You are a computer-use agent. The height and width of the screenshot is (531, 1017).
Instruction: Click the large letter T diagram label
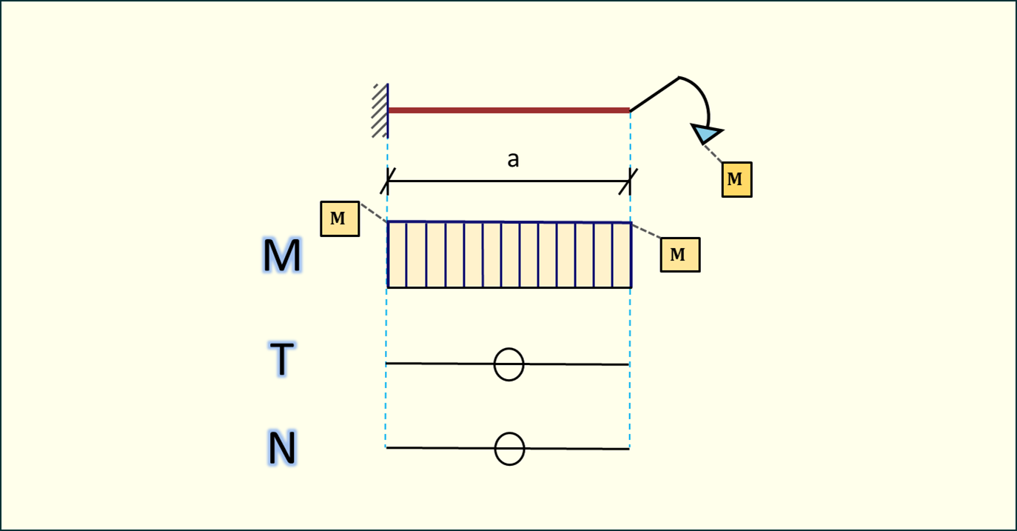pyautogui.click(x=282, y=360)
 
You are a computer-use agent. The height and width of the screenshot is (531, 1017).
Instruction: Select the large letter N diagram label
pyautogui.click(x=282, y=449)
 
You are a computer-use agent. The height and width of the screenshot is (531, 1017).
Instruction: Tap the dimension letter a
pyautogui.click(x=513, y=160)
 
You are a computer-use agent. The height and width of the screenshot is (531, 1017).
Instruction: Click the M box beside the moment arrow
pyautogui.click(x=736, y=179)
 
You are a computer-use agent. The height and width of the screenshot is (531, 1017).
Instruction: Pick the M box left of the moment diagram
pyautogui.click(x=340, y=218)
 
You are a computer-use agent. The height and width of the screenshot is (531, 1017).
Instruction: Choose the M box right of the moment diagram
pyautogui.click(x=679, y=255)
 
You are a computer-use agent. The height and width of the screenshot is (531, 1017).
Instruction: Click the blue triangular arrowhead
pyautogui.click(x=707, y=133)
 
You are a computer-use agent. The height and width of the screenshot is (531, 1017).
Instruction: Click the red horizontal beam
pyautogui.click(x=508, y=110)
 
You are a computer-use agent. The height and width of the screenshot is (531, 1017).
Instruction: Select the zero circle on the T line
pyautogui.click(x=509, y=364)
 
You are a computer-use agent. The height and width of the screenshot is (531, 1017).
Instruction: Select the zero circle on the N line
pyautogui.click(x=509, y=449)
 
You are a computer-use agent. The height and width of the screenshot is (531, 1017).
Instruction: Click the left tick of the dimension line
pyautogui.click(x=388, y=180)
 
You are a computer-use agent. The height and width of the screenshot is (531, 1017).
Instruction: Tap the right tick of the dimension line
pyautogui.click(x=630, y=180)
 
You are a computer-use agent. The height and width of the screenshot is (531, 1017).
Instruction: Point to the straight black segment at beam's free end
pyautogui.click(x=654, y=94)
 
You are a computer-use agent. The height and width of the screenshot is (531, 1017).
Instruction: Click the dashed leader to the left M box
pyautogui.click(x=373, y=213)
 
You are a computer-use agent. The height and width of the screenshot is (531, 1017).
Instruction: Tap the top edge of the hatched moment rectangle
pyautogui.click(x=509, y=221)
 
